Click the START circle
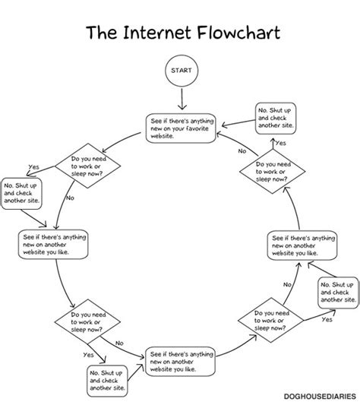coord(181,70)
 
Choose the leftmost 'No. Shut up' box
coord(22,194)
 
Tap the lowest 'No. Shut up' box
coord(109,378)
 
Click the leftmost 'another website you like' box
coord(51,244)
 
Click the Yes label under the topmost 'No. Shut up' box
coord(280,143)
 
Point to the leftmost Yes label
coord(33,167)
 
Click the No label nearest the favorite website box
coord(242,151)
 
